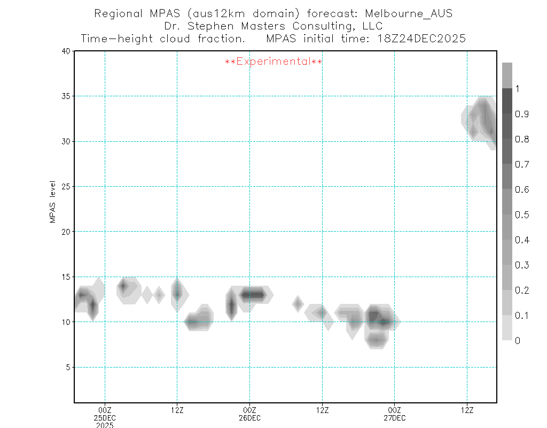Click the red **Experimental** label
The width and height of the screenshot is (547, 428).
pyautogui.click(x=273, y=62)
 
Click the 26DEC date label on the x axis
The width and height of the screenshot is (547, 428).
pyautogui.click(x=249, y=417)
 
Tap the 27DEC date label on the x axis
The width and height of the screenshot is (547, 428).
pyautogui.click(x=394, y=417)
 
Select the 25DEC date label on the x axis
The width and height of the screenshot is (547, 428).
pyautogui.click(x=105, y=417)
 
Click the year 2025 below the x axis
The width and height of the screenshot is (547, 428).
pyautogui.click(x=105, y=425)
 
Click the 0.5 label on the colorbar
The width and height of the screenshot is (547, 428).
pyautogui.click(x=522, y=215)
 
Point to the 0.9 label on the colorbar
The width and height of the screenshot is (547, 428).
pyautogui.click(x=522, y=114)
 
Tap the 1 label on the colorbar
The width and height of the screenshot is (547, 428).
pyautogui.click(x=517, y=89)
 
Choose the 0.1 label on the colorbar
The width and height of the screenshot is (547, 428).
pyautogui.click(x=522, y=316)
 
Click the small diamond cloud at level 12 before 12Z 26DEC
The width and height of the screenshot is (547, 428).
pyautogui.click(x=298, y=304)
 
